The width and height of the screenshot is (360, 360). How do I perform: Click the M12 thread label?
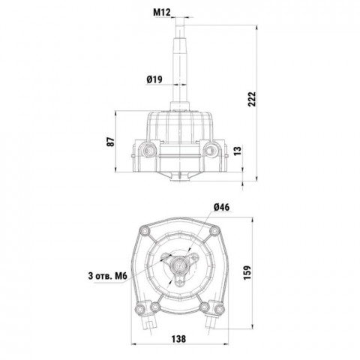(162, 12)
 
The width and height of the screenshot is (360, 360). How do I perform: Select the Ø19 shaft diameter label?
(154, 79)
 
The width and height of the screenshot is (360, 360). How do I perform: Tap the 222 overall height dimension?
(252, 99)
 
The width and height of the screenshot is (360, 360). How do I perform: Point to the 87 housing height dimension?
(112, 142)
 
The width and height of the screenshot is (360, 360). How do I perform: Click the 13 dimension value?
(238, 151)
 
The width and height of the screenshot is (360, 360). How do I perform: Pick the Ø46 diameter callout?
(221, 207)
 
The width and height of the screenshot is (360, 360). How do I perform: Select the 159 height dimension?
(247, 272)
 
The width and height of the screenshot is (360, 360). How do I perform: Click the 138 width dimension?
(178, 339)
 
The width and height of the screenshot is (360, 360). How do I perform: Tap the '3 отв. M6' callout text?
(108, 276)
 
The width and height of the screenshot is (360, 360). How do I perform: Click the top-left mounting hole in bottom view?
(145, 230)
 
